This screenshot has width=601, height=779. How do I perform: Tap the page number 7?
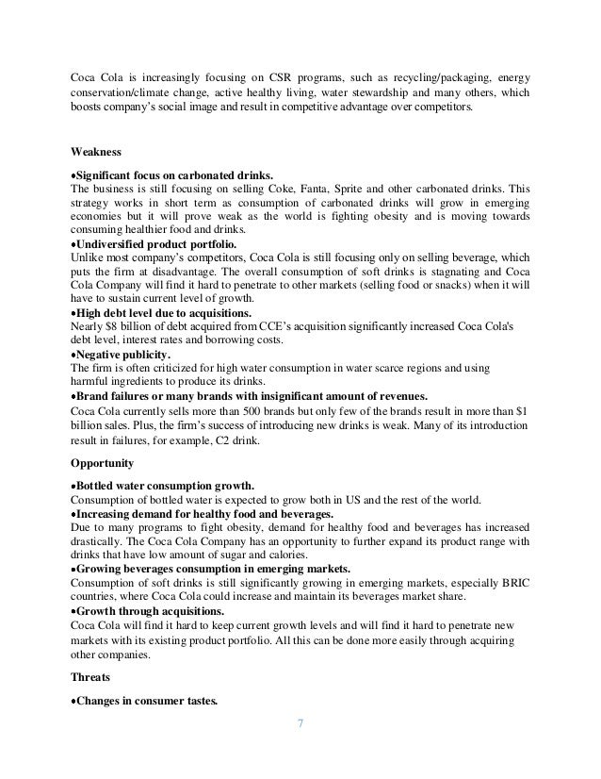300,724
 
